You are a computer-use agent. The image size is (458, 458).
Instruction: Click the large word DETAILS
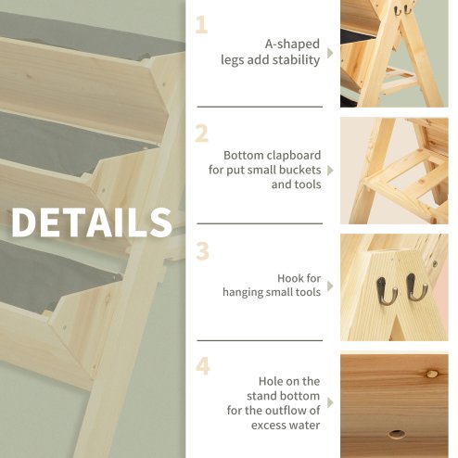[92, 223]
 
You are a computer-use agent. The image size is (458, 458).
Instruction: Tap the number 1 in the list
[201, 23]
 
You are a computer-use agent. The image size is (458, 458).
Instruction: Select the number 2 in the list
[201, 134]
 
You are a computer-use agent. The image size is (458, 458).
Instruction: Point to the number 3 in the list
[201, 250]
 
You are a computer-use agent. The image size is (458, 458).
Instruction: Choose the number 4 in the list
[202, 366]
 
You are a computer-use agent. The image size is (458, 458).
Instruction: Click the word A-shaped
[293, 43]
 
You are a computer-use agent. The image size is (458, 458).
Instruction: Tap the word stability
[297, 58]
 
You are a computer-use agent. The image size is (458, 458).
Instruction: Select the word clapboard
[290, 155]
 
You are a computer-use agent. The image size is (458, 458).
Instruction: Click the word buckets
[298, 170]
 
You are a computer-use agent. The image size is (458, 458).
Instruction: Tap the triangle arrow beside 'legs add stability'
[330, 53]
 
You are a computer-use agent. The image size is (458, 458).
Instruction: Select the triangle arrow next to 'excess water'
[330, 402]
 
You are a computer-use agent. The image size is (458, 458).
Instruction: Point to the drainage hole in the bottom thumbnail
[398, 433]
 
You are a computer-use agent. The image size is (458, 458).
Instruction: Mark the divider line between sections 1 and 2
[260, 107]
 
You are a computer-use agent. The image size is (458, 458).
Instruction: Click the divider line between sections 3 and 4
[260, 340]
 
